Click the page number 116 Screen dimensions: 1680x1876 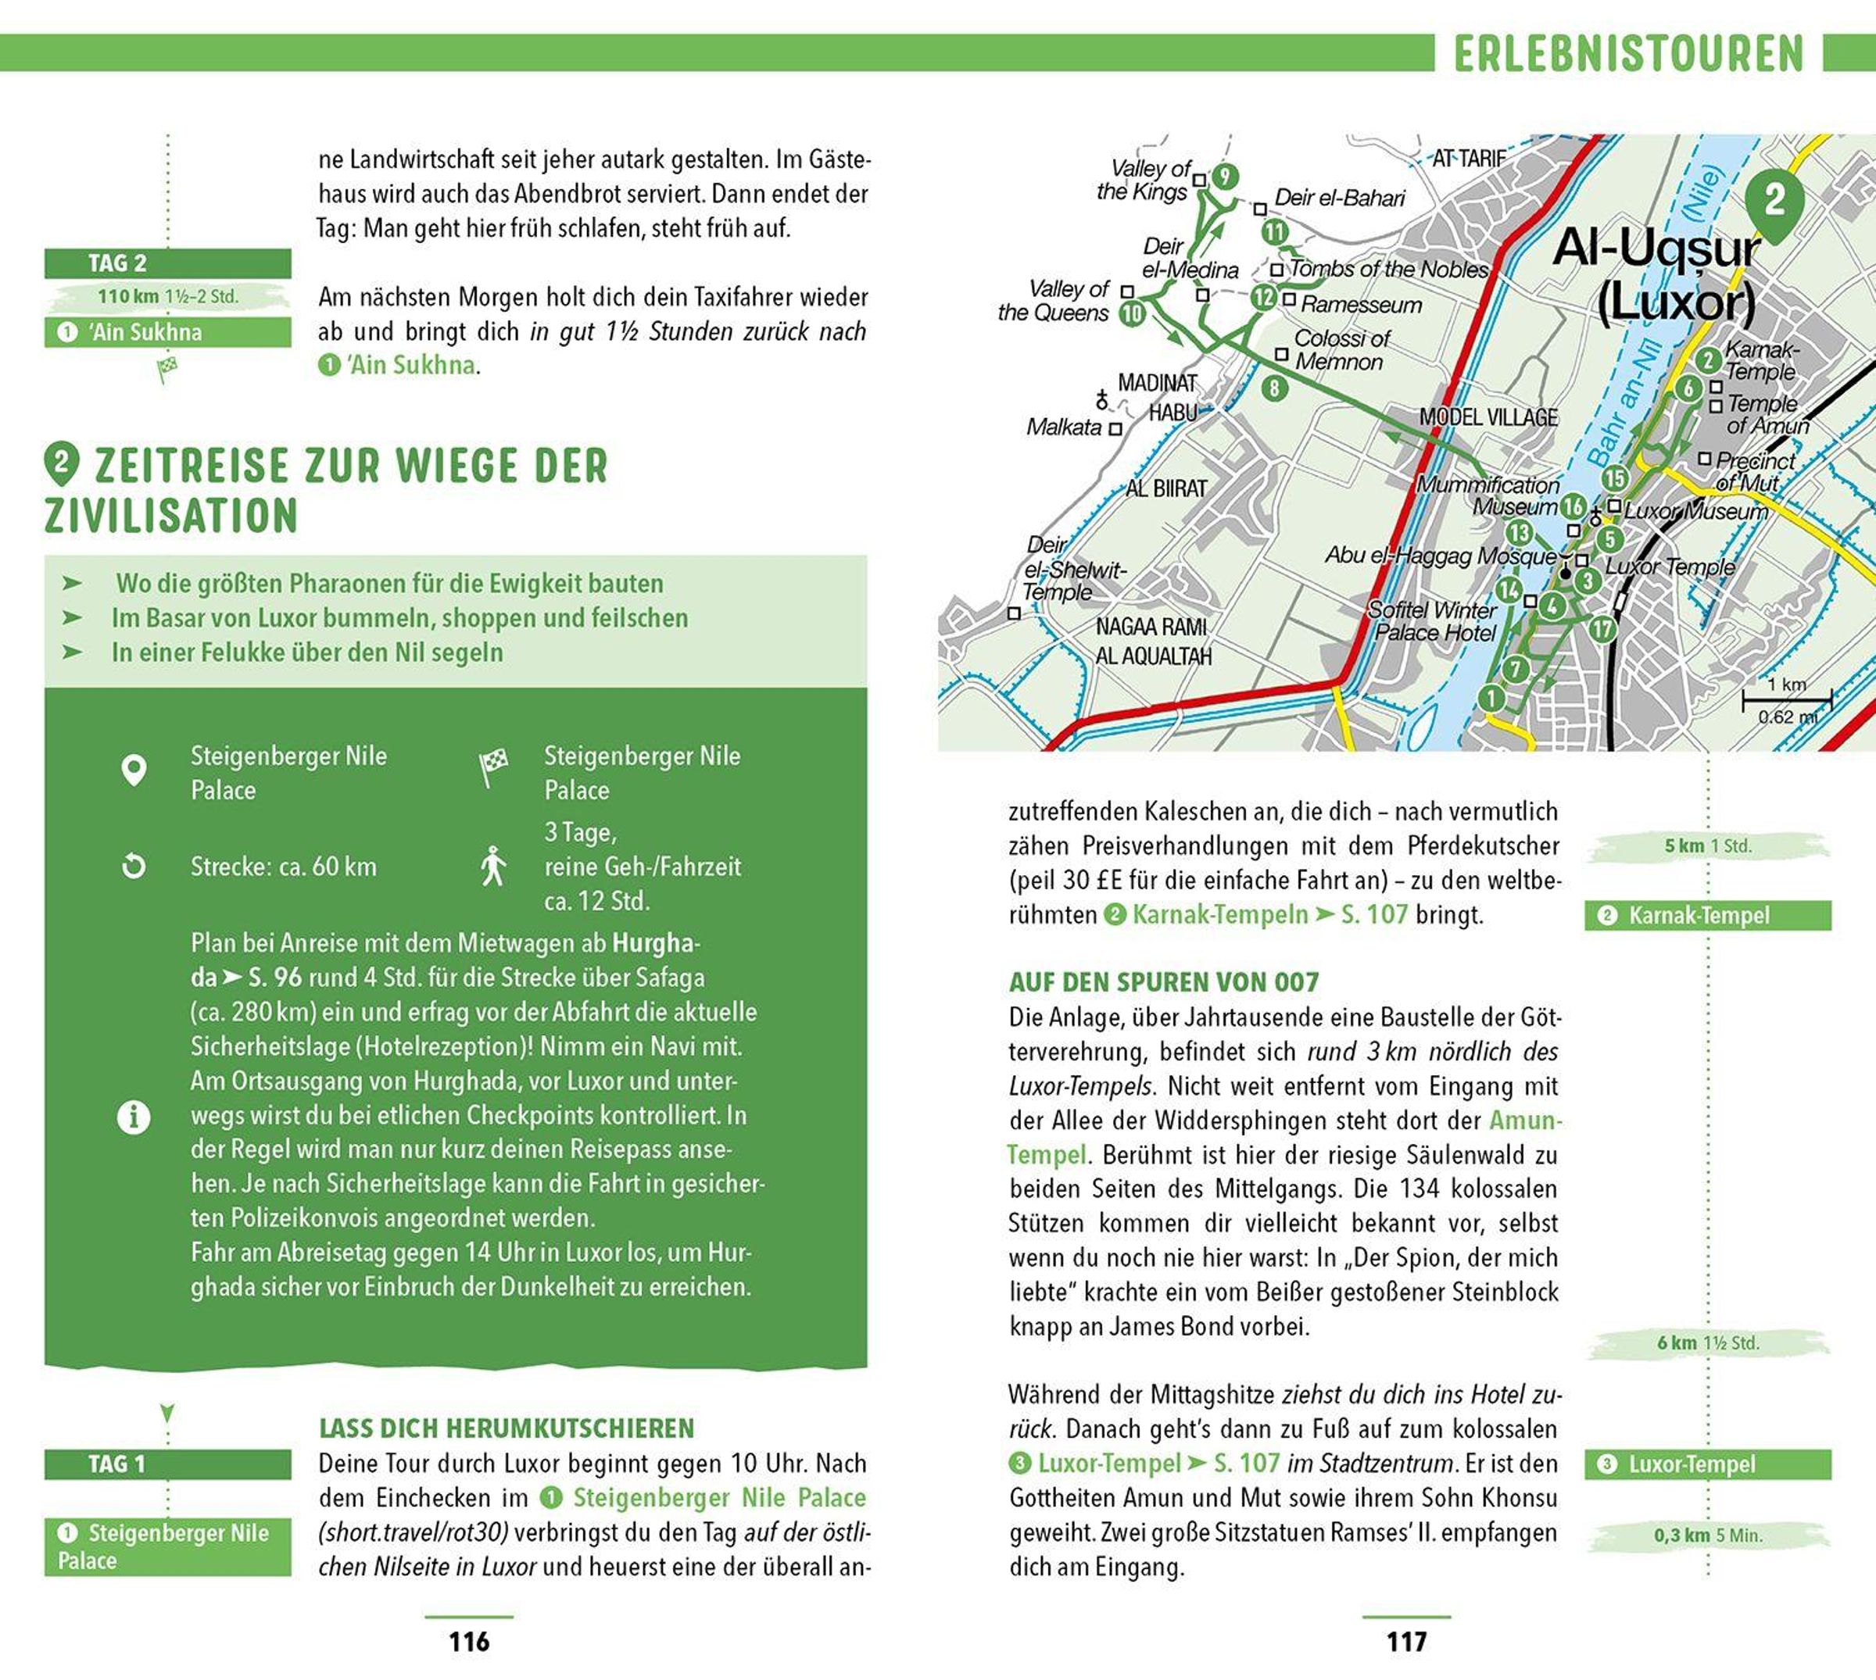469,1641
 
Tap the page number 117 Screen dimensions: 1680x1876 1406,1641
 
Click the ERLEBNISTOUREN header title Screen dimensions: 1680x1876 1628,54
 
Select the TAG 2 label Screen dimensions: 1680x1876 117,263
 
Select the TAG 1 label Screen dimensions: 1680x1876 117,1464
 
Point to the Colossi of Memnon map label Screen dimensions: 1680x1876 1340,350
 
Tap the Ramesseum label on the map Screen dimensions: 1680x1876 1361,305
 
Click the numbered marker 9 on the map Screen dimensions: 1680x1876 1224,177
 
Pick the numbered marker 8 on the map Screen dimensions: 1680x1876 1274,388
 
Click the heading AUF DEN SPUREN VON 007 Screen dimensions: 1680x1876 1163,981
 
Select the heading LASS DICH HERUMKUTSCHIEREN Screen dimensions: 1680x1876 506,1428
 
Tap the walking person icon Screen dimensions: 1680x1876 493,866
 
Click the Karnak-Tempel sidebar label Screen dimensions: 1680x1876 1697,916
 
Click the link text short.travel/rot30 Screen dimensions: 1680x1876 413,1532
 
